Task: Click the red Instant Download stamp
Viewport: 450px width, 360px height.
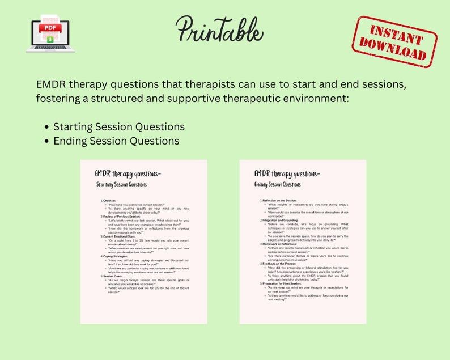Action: point(394,42)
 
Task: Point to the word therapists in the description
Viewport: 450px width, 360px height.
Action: point(220,84)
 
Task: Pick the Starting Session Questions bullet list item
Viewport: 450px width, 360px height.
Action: point(118,126)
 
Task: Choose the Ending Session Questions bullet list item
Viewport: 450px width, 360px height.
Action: point(116,141)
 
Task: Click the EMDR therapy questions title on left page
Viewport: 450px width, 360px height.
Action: point(128,173)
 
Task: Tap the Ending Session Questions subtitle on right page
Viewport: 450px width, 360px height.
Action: point(278,184)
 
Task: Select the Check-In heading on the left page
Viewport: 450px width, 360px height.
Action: point(109,201)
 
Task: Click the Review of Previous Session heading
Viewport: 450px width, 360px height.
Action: point(122,217)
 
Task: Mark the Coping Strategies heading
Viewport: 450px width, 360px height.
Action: point(116,256)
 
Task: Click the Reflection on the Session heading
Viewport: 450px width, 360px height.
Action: point(279,201)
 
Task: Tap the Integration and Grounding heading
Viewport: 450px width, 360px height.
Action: point(280,220)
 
